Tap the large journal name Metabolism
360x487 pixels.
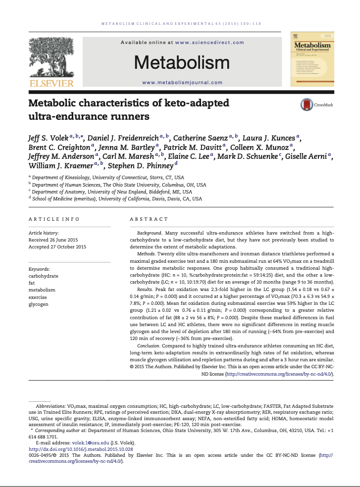182,63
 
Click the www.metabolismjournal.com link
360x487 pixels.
182,83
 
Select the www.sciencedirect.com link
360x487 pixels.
209,43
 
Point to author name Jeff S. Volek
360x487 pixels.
48,138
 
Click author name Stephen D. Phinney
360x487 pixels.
140,165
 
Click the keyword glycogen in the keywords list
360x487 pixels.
39,304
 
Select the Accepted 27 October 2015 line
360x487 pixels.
57,246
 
